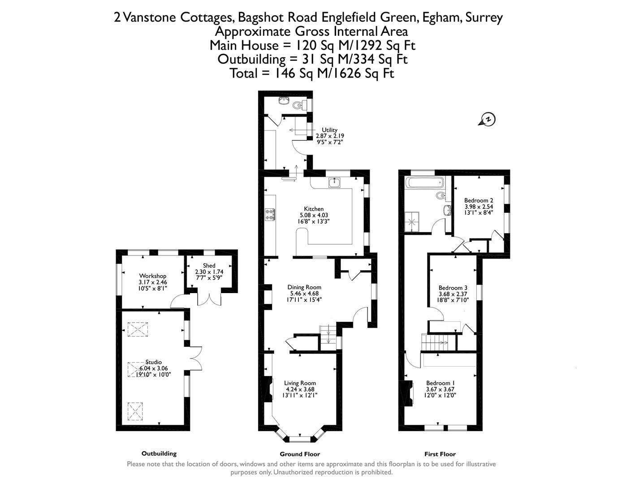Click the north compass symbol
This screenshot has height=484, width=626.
click(488, 119)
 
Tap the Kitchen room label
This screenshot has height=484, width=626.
click(314, 209)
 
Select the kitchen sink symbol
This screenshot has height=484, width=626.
click(334, 182)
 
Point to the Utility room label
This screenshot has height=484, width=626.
click(329, 130)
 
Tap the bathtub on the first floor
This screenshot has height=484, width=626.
click(424, 182)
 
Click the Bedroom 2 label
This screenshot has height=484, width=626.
click(479, 200)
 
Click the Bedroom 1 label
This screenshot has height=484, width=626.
click(440, 383)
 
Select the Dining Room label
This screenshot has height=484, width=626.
click(304, 287)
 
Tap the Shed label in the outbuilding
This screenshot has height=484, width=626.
click(209, 266)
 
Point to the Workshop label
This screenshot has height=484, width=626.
click(152, 276)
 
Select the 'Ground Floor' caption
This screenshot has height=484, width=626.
click(300, 454)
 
